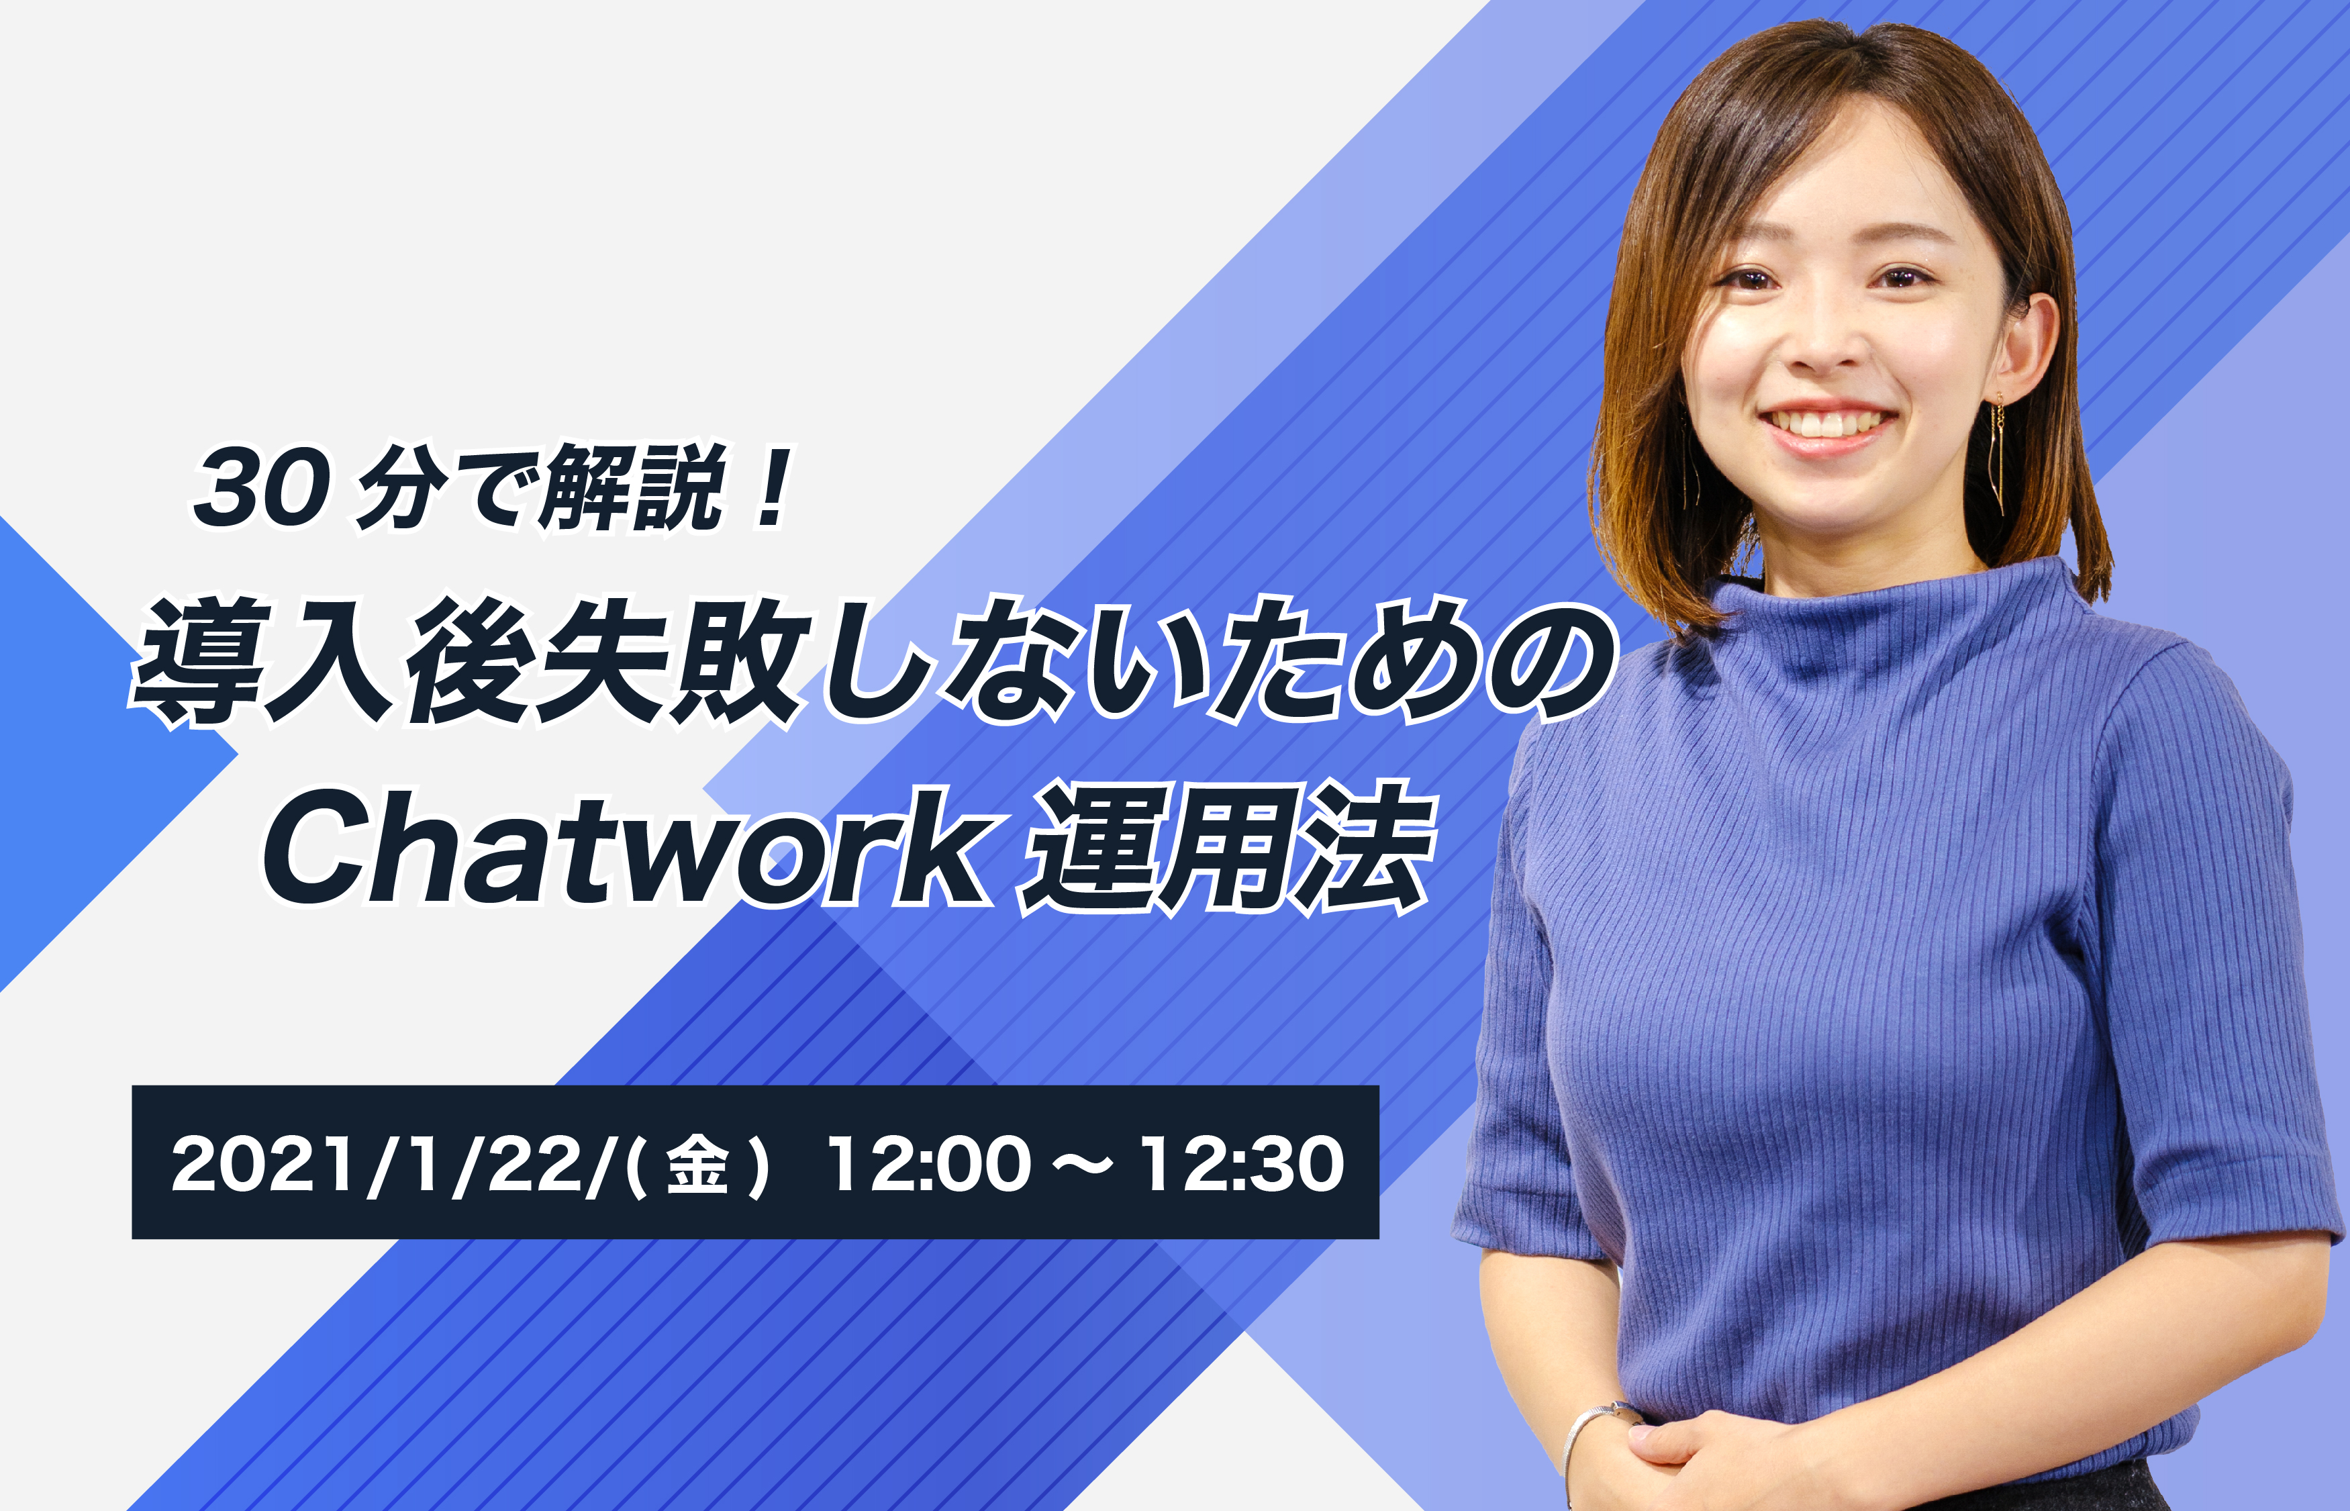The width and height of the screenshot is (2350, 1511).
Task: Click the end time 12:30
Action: (1241, 1165)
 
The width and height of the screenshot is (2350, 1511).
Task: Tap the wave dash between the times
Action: (1084, 1165)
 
